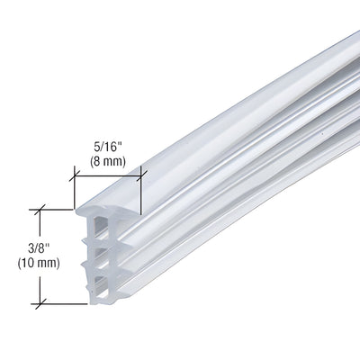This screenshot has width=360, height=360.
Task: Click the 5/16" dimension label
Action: point(108,148)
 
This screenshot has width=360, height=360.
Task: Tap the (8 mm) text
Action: point(107,162)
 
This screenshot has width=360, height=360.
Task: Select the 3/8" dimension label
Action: point(39,249)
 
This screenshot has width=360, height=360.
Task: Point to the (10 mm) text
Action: point(39,263)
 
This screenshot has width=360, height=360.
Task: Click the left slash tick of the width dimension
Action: point(75,176)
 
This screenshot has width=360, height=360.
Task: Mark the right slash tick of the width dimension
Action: point(141,176)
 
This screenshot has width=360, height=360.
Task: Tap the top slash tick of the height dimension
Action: point(40,210)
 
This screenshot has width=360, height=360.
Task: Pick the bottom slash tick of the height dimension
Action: point(40,304)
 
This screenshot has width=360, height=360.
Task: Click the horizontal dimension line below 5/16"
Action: point(108,176)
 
